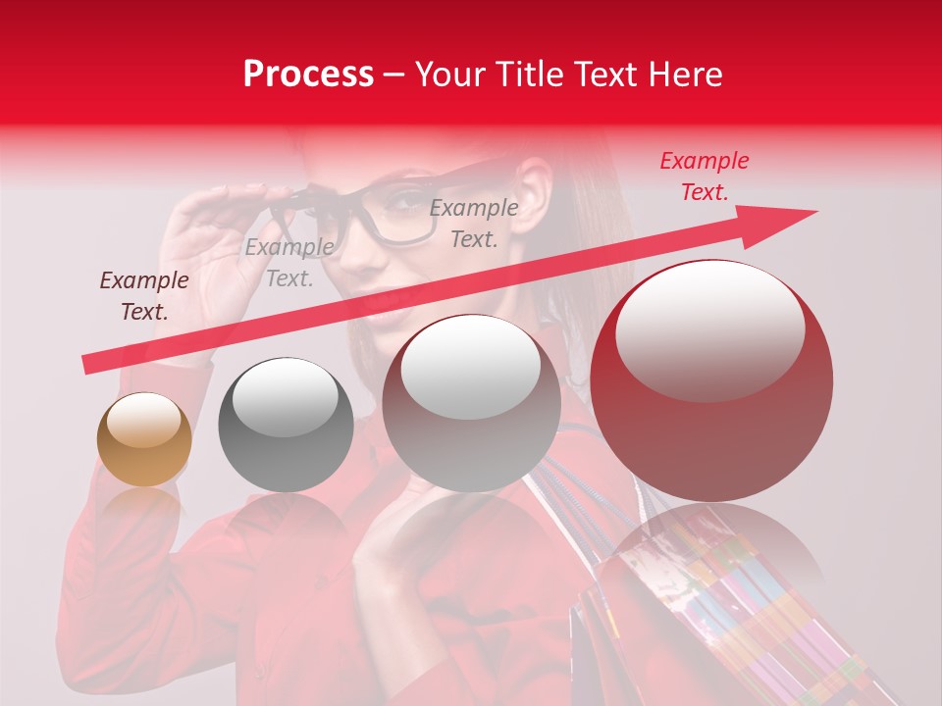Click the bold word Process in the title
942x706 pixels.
click(308, 74)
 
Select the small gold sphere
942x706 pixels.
click(144, 440)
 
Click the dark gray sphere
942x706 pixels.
click(286, 425)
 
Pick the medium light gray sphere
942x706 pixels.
click(471, 404)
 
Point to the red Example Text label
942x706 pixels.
click(704, 176)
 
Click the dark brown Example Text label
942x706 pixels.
click(144, 296)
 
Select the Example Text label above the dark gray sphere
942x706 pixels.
click(288, 263)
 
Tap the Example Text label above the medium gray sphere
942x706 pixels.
click(474, 223)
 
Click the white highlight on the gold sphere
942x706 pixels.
click(143, 420)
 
